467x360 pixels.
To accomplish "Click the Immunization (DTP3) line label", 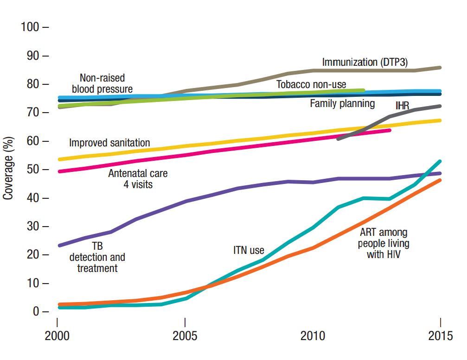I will point(365,62).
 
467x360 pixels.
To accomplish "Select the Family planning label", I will point(342,103).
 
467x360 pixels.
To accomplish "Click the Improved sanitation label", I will point(109,143).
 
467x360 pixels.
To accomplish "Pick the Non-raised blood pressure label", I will point(102,83).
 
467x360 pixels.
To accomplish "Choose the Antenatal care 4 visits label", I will point(138,179).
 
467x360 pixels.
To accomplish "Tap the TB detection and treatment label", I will point(97,257).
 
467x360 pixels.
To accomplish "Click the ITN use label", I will point(249,251).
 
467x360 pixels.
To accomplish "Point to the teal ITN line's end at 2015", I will point(440,161).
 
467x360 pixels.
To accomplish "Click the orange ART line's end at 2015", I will point(440,180).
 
